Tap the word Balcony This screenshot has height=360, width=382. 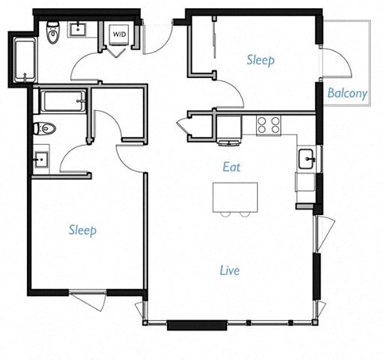pos(347,93)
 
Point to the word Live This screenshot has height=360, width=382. pos(229,271)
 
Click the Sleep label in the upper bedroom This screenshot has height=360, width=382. pos(260,60)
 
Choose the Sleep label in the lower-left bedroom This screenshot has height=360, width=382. pos(82,230)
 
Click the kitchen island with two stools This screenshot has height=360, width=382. pos(236,197)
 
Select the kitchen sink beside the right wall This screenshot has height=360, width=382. pos(306,158)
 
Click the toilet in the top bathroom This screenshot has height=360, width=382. pos(53,33)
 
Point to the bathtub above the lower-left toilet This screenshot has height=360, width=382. pos(60,101)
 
